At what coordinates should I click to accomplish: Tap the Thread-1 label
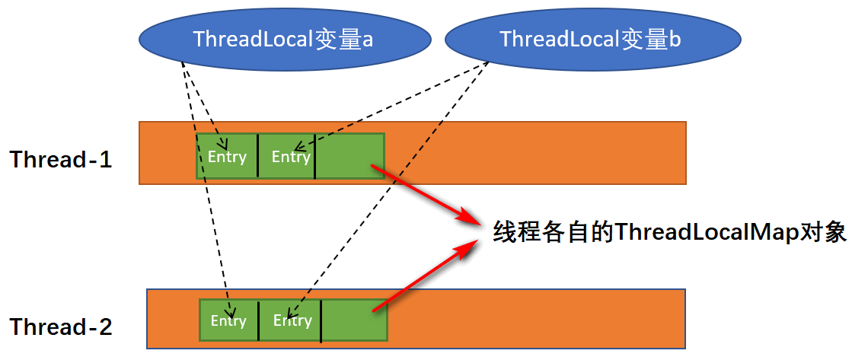pyautogui.click(x=61, y=160)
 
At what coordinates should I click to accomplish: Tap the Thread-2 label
pyautogui.click(x=61, y=327)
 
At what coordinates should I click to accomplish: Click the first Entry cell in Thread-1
pyautogui.click(x=227, y=157)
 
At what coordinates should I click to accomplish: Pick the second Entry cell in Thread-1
pyautogui.click(x=286, y=157)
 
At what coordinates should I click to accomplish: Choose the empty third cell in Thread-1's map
pyautogui.click(x=349, y=157)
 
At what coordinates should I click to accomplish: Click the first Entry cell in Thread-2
pyautogui.click(x=228, y=320)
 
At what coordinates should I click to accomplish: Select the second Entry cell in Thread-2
pyautogui.click(x=289, y=320)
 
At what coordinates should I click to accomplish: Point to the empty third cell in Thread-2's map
pyautogui.click(x=353, y=320)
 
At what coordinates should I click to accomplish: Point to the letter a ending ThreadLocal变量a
pyautogui.click(x=367, y=40)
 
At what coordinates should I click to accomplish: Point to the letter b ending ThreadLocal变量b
pyautogui.click(x=674, y=40)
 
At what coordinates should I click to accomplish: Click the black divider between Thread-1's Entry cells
pyautogui.click(x=258, y=157)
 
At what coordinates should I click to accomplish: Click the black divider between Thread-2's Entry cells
pyautogui.click(x=259, y=320)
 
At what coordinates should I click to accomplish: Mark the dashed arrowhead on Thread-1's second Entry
pyautogui.click(x=298, y=147)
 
